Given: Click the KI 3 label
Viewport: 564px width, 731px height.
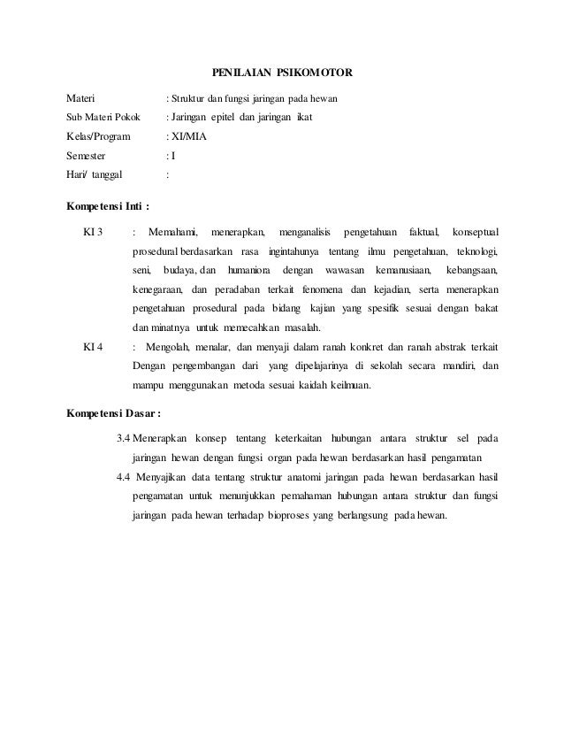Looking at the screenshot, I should pyautogui.click(x=93, y=232).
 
